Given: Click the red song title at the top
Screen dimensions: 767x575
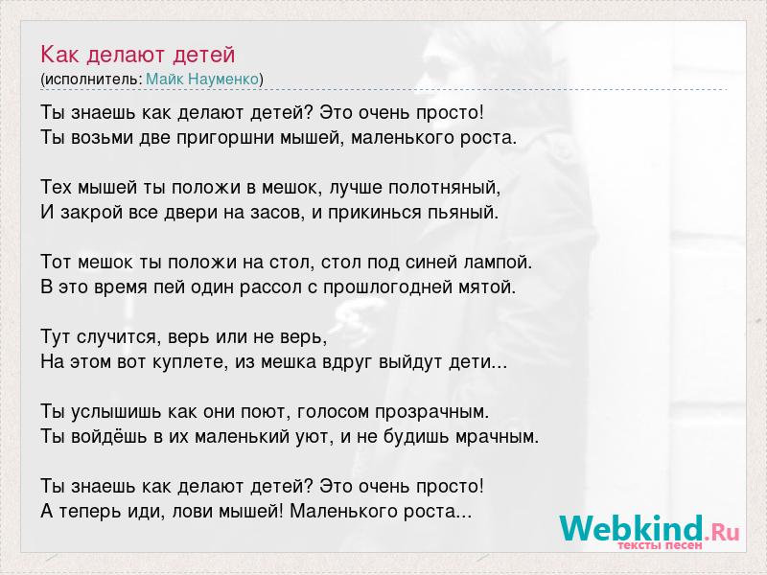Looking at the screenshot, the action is [137, 55].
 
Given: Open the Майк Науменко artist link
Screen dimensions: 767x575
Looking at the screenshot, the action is [202, 79].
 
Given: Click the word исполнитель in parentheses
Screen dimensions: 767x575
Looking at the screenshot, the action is [93, 79].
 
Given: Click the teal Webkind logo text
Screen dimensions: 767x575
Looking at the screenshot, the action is [632, 528].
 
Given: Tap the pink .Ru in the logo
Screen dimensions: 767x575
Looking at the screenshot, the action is [722, 531].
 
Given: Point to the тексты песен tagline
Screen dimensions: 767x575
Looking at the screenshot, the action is [660, 544].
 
